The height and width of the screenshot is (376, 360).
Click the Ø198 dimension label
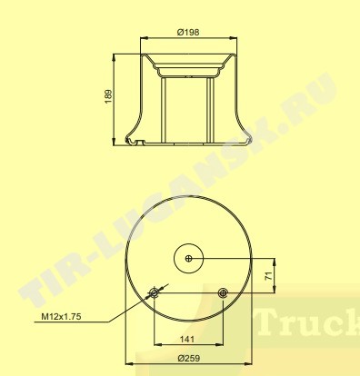coord(188,32)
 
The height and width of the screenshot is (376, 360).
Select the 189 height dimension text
coord(108,96)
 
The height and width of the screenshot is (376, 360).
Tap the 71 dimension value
coord(268,275)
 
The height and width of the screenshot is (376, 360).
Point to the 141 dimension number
coord(187,339)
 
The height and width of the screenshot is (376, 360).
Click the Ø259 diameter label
coord(189,359)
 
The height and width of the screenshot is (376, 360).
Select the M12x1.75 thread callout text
coord(61,317)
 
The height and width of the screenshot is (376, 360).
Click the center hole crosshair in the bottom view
coord(189,258)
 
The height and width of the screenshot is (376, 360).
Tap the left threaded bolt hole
coord(155,292)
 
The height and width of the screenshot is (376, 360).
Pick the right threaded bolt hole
coord(223,292)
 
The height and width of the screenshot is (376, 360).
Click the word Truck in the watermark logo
coord(308,322)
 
